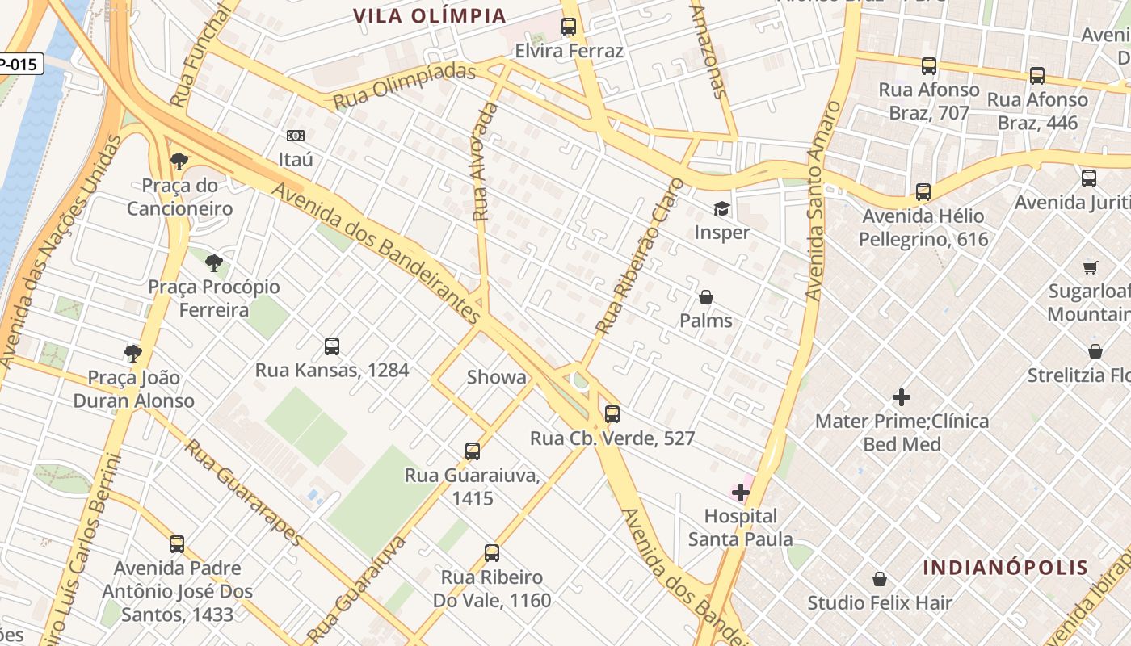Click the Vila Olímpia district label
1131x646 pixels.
click(430, 15)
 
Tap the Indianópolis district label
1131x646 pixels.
click(1006, 567)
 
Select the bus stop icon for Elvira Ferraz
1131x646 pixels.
click(569, 27)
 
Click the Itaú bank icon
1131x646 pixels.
click(296, 136)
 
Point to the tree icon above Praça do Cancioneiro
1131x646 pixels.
click(179, 161)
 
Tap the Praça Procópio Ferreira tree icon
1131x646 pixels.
click(214, 262)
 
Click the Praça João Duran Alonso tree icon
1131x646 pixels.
click(133, 353)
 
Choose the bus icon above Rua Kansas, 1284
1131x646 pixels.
click(332, 346)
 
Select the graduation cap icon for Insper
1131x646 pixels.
click(721, 208)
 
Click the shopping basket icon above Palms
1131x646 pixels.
click(706, 297)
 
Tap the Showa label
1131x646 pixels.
click(496, 377)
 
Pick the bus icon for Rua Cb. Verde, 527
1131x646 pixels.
click(612, 414)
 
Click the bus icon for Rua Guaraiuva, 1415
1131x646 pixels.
click(473, 451)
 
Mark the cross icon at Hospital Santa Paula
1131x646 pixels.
click(741, 492)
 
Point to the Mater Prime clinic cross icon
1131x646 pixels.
click(902, 396)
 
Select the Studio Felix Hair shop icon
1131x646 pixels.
click(880, 579)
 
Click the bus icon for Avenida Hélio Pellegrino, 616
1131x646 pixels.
click(923, 192)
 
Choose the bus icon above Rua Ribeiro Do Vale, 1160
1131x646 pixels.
click(492, 553)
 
